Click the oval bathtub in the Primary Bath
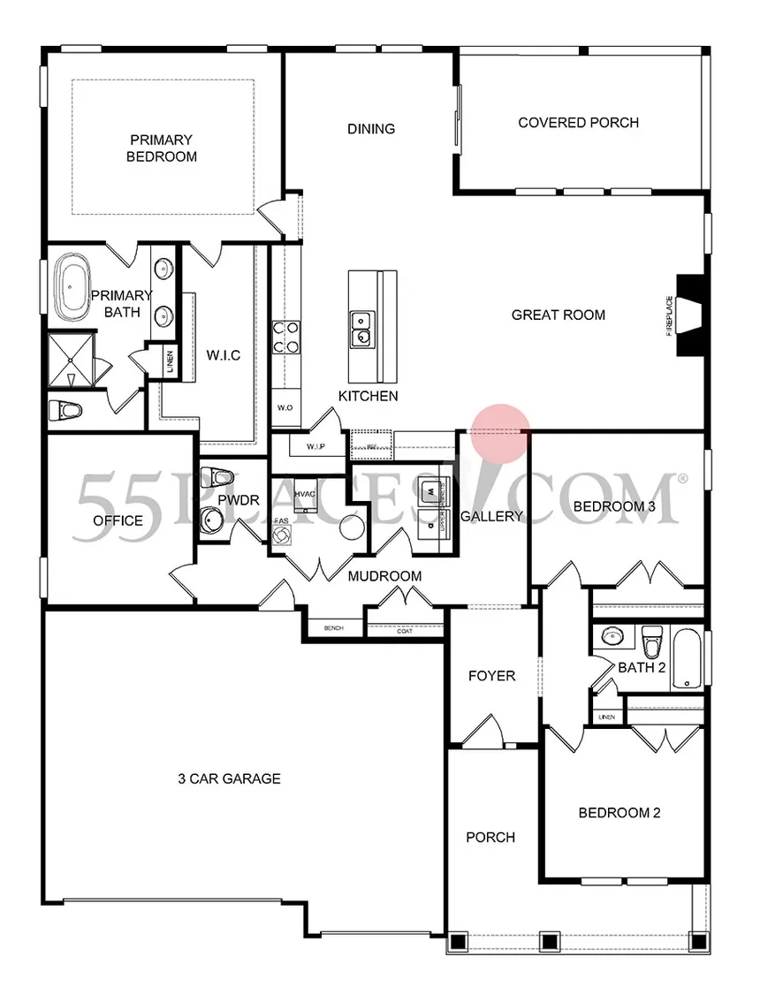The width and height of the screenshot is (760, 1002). tap(72, 289)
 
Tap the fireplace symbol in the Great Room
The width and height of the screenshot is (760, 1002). tap(690, 315)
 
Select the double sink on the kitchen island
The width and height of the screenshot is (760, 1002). tap(361, 328)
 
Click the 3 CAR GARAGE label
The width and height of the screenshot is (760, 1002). tap(229, 778)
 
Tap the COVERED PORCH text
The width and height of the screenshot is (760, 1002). tap(578, 123)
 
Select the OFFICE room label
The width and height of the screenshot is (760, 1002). tap(118, 520)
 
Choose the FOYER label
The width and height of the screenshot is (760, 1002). tap(491, 676)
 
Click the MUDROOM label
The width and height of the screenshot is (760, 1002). tap(384, 576)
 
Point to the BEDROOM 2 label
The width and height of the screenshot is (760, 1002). tap(619, 813)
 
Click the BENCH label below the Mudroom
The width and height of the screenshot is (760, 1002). tap(333, 628)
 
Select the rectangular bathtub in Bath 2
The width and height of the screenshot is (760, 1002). tap(687, 659)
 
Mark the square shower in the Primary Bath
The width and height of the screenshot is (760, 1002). tap(69, 360)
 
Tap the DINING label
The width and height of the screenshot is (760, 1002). tap(370, 129)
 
